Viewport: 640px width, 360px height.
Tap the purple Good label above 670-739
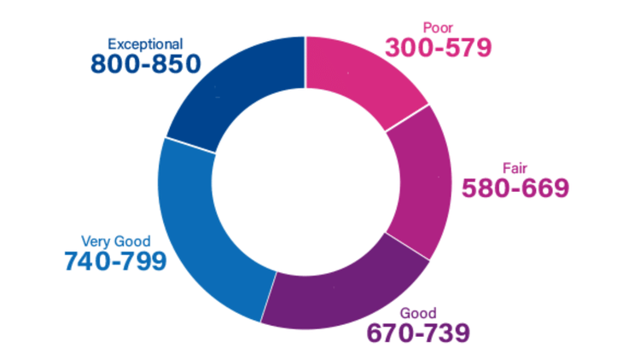(416, 311)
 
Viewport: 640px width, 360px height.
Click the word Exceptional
(145, 44)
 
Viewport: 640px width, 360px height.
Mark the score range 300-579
(438, 48)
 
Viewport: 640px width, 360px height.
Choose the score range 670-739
(418, 332)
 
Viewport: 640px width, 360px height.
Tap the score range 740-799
(115, 261)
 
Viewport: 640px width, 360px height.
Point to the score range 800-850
(145, 64)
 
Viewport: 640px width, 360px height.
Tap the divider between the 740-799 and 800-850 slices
(188, 145)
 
